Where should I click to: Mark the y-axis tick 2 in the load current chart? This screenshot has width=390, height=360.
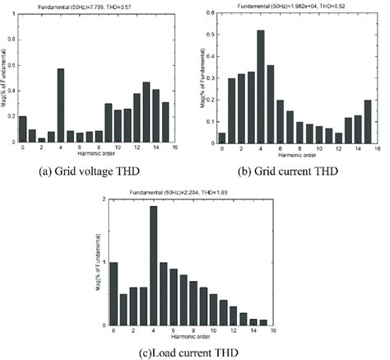pos(102,199)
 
